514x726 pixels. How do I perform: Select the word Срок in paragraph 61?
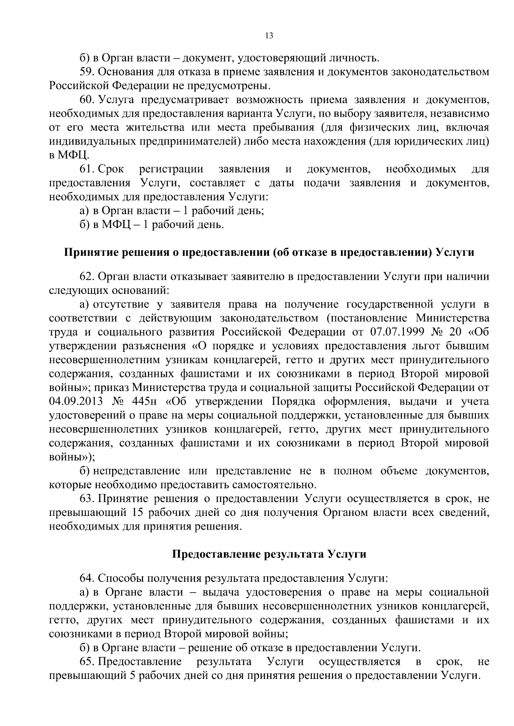click(x=111, y=169)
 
